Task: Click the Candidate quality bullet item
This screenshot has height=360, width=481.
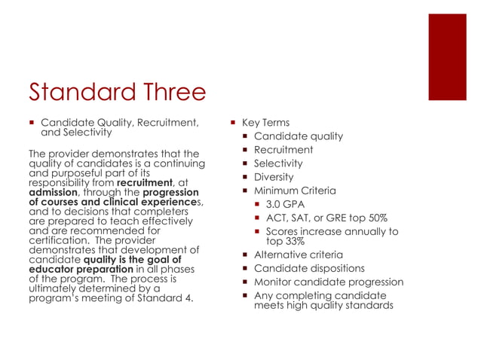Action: point(299,136)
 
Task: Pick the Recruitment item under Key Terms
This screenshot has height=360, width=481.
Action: point(283,150)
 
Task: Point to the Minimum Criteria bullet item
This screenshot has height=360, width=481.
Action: point(295,191)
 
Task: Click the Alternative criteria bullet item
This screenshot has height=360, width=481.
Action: point(299,255)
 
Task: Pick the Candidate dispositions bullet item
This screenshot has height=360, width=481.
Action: point(309,268)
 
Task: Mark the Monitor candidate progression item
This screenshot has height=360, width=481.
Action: point(329,282)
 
